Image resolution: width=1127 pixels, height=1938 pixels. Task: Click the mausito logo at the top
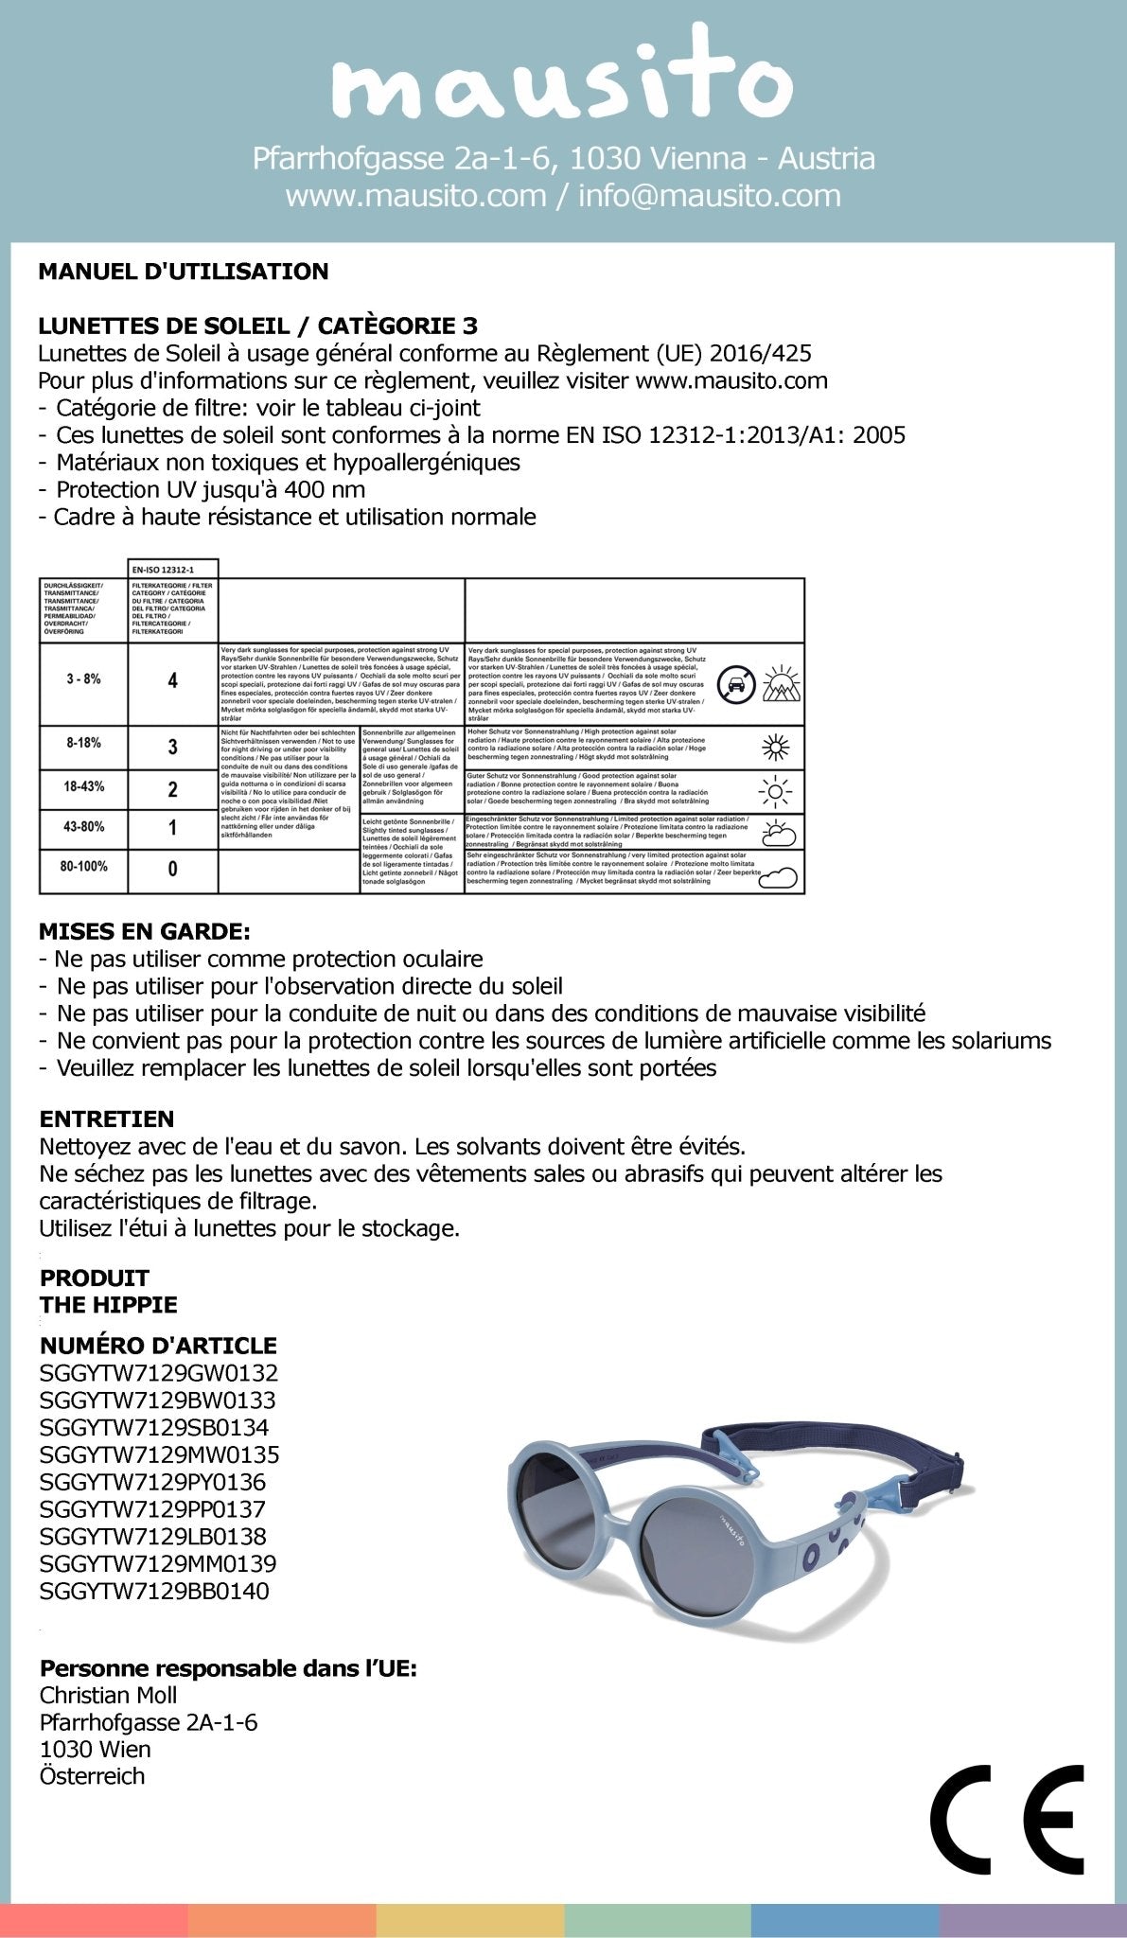562,81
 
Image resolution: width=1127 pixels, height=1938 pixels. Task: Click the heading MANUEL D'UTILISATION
184,272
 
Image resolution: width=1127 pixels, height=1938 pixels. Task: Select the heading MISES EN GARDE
145,931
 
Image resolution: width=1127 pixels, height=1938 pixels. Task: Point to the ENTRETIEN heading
107,1119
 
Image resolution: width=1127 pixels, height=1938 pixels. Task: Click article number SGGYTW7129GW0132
159,1372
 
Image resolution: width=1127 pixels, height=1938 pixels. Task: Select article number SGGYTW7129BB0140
154,1591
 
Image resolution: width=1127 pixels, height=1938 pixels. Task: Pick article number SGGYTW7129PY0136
152,1482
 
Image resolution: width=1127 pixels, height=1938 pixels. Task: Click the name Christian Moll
108,1695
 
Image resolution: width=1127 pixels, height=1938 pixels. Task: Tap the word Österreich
92,1776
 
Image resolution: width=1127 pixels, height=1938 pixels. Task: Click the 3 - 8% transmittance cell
83,679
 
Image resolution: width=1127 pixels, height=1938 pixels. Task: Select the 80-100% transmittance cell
83,866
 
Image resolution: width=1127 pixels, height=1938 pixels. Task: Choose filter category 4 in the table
172,680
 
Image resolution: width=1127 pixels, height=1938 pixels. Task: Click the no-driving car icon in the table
736,684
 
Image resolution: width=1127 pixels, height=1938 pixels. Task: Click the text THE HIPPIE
109,1305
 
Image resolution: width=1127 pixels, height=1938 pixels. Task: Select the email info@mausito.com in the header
709,196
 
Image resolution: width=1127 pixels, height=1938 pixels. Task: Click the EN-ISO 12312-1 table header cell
172,569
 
